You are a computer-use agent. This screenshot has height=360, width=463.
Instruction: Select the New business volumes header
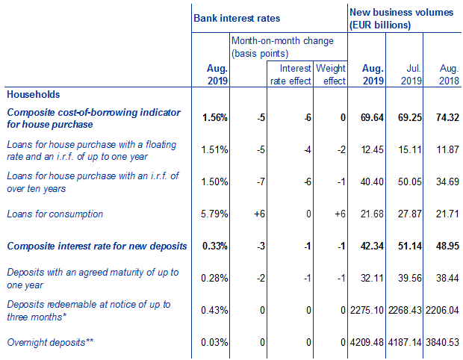pyautogui.click(x=401, y=19)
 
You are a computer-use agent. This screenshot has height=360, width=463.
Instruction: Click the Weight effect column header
pyautogui.click(x=331, y=74)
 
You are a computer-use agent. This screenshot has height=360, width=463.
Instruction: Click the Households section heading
pyautogui.click(x=33, y=95)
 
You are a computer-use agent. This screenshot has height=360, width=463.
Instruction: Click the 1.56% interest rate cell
pyautogui.click(x=214, y=118)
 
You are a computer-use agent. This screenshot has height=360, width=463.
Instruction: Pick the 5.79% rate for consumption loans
pyautogui.click(x=214, y=214)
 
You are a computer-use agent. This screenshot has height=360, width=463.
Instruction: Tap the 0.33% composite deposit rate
pyautogui.click(x=214, y=246)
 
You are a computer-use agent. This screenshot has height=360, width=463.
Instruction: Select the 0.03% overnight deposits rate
pyautogui.click(x=214, y=342)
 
